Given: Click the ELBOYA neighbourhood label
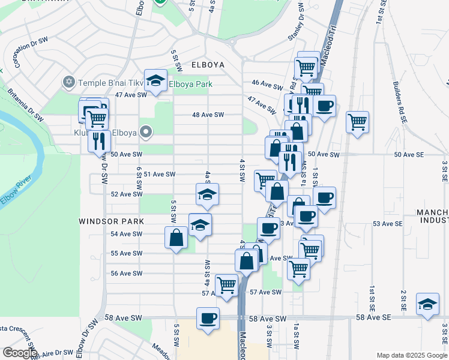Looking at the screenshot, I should [208, 65].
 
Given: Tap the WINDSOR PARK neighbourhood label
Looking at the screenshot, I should [112, 221].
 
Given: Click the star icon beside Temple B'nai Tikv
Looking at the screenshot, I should [69, 81].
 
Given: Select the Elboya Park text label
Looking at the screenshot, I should [190, 85].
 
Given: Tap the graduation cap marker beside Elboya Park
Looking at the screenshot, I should [155, 81].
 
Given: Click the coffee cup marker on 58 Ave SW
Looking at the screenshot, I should [208, 318].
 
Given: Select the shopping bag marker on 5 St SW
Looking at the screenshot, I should [176, 238].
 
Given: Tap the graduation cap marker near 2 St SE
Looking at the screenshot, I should [427, 305].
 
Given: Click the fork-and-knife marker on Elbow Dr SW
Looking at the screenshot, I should [99, 142].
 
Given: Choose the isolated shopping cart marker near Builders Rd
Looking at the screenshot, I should [357, 122].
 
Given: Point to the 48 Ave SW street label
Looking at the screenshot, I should [208, 115].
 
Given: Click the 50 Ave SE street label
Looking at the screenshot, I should [409, 154].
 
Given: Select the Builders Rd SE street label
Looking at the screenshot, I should [400, 99].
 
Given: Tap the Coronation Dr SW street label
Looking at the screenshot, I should [30, 53].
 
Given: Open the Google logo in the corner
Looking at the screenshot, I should [20, 353].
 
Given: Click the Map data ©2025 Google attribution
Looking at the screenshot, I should [411, 355].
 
